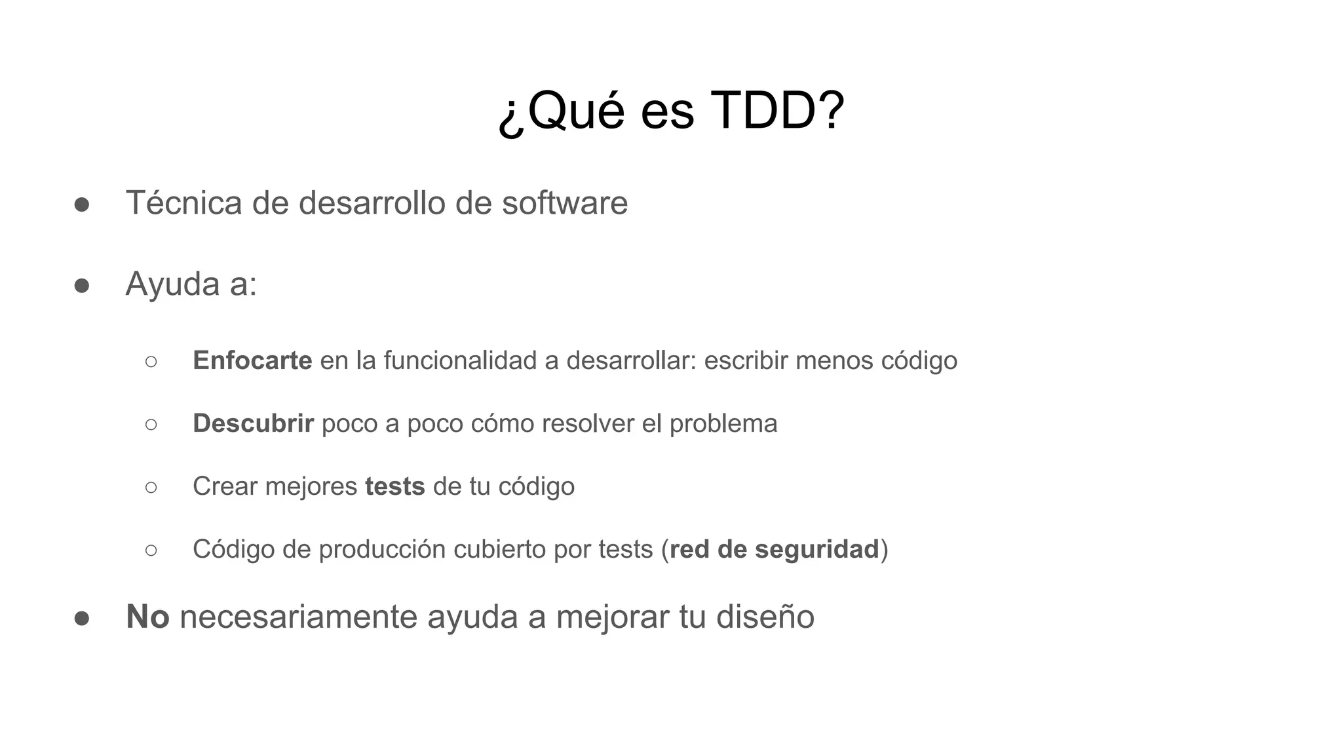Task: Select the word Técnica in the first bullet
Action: click(183, 203)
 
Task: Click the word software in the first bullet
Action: click(565, 203)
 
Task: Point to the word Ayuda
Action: click(172, 284)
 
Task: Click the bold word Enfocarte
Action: click(252, 360)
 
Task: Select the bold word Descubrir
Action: click(253, 423)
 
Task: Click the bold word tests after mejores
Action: click(395, 486)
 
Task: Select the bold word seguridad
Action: click(816, 549)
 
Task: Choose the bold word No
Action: click(147, 617)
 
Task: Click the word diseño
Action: click(765, 617)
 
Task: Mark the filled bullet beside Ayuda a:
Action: click(82, 286)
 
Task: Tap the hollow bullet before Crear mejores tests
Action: click(151, 487)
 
